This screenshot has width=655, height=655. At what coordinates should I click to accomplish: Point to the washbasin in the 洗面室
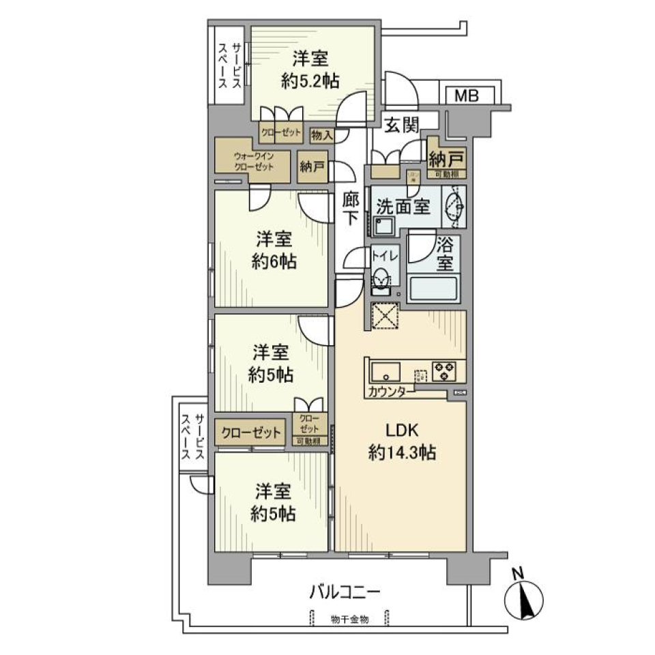point(455,206)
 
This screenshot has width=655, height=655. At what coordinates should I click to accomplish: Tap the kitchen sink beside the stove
point(387,373)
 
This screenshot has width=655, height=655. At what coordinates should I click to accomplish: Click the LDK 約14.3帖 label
point(402,441)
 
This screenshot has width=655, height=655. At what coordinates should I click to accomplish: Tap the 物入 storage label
point(321,135)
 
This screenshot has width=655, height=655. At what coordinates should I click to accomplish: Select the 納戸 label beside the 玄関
point(447,159)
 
